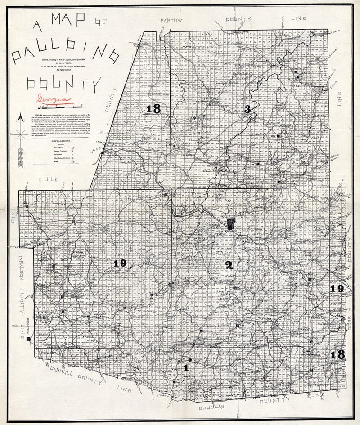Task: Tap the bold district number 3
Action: click(247, 109)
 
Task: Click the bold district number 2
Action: click(229, 265)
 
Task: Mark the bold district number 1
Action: click(186, 368)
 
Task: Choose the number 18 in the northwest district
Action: click(153, 109)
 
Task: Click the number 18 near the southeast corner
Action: click(337, 355)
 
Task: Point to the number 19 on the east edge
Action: click(337, 289)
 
